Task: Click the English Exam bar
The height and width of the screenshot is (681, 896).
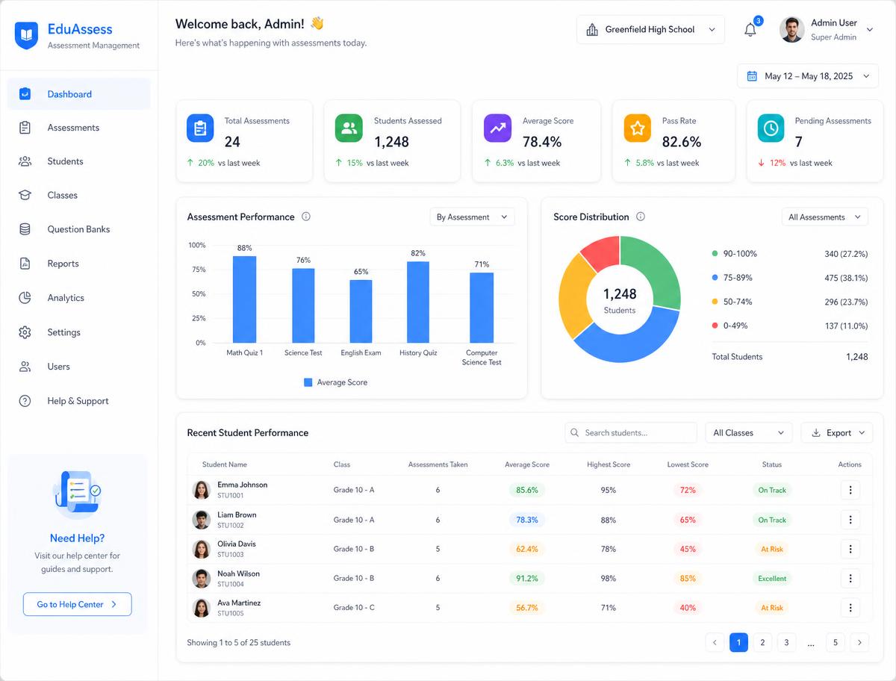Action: pos(361,311)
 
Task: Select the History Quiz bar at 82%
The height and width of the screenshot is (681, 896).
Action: pos(418,302)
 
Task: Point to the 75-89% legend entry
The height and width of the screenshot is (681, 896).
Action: pos(733,278)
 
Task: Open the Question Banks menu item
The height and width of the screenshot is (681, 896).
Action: pos(79,229)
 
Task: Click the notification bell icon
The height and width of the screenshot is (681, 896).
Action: pos(750,30)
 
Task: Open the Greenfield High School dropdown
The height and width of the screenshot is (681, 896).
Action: pos(650,29)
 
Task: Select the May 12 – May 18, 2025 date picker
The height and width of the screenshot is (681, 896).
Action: pos(808,76)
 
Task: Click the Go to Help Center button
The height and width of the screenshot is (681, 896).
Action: pos(77,604)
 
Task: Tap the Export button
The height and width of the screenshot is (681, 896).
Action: pos(837,433)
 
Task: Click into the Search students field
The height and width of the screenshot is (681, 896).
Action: pos(631,433)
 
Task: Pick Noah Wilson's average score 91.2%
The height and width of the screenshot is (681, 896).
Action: pos(527,579)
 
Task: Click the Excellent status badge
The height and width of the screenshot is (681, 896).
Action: pos(771,579)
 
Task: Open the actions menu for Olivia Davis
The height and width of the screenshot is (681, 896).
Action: pos(850,550)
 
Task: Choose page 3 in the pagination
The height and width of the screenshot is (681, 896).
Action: pos(786,643)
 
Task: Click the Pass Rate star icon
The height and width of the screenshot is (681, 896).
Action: pos(637,128)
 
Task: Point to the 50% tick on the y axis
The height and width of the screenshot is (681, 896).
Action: pos(199,293)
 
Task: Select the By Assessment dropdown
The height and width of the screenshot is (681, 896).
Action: pos(472,217)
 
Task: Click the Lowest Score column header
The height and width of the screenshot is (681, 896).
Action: pos(688,464)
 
